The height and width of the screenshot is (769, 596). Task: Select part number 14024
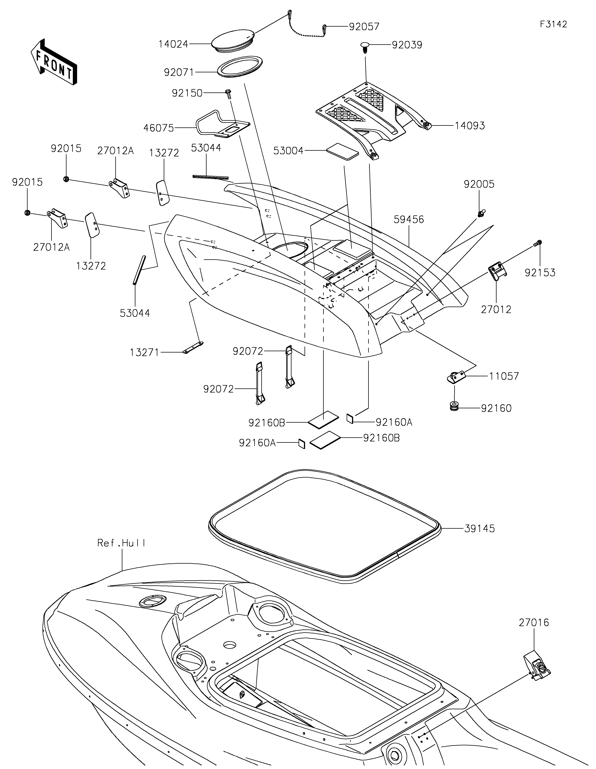(173, 44)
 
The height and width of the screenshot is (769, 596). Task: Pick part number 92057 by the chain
(364, 27)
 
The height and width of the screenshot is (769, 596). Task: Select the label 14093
(470, 126)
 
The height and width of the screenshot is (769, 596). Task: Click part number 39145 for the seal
(479, 538)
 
